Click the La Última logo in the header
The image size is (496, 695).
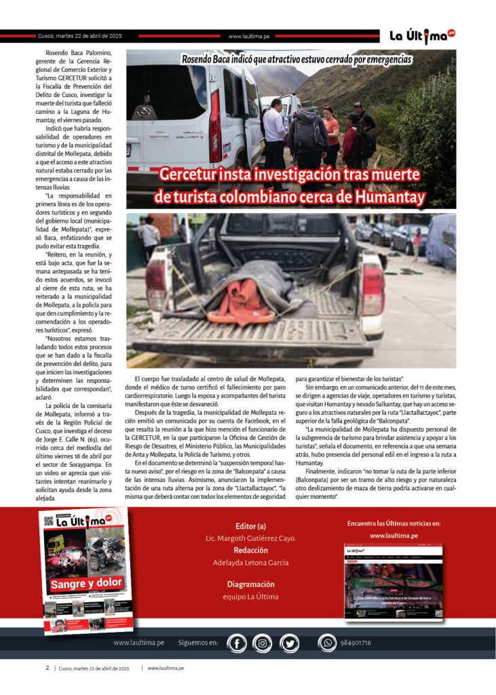[x=421, y=37]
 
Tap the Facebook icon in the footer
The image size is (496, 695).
[x=237, y=642]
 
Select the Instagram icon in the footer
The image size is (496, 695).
[x=262, y=642]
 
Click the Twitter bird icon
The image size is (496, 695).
[x=288, y=642]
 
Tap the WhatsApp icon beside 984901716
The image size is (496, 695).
[x=328, y=642]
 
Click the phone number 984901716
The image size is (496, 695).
[x=356, y=642]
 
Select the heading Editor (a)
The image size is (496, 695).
[x=250, y=525]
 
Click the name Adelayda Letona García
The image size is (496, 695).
[x=250, y=562]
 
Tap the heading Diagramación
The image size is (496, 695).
[x=250, y=584]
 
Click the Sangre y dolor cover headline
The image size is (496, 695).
[x=86, y=582]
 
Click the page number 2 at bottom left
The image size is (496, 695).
[x=47, y=668]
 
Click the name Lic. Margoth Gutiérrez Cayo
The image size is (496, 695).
[x=250, y=538]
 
